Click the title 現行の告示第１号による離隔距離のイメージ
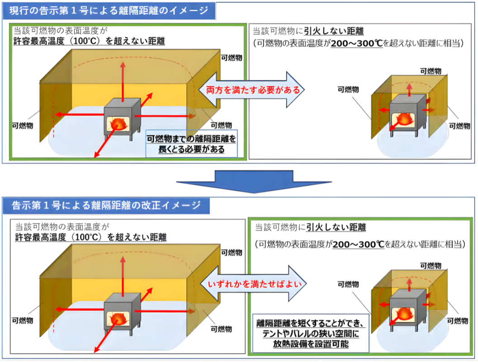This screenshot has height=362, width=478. (109, 11)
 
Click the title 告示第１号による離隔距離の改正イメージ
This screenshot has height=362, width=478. (106, 205)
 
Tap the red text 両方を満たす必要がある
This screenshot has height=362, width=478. (253, 90)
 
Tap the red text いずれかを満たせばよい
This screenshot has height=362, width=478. (255, 284)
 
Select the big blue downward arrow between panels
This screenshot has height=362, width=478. (254, 181)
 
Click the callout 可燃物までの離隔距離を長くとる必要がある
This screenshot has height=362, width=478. (191, 144)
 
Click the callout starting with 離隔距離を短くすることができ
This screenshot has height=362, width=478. (311, 333)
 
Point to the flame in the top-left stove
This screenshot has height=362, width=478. (118, 124)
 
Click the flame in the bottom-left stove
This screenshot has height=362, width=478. (118, 319)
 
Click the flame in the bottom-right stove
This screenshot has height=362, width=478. (404, 314)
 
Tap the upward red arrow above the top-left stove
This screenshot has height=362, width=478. (123, 82)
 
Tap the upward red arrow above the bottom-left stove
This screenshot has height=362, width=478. (123, 276)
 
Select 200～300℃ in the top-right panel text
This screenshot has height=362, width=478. (356, 43)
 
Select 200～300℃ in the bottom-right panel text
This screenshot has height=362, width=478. (358, 244)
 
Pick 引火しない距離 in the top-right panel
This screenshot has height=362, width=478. (334, 31)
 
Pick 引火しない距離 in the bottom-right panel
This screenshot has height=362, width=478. (336, 227)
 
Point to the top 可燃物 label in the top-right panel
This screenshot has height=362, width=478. (431, 71)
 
